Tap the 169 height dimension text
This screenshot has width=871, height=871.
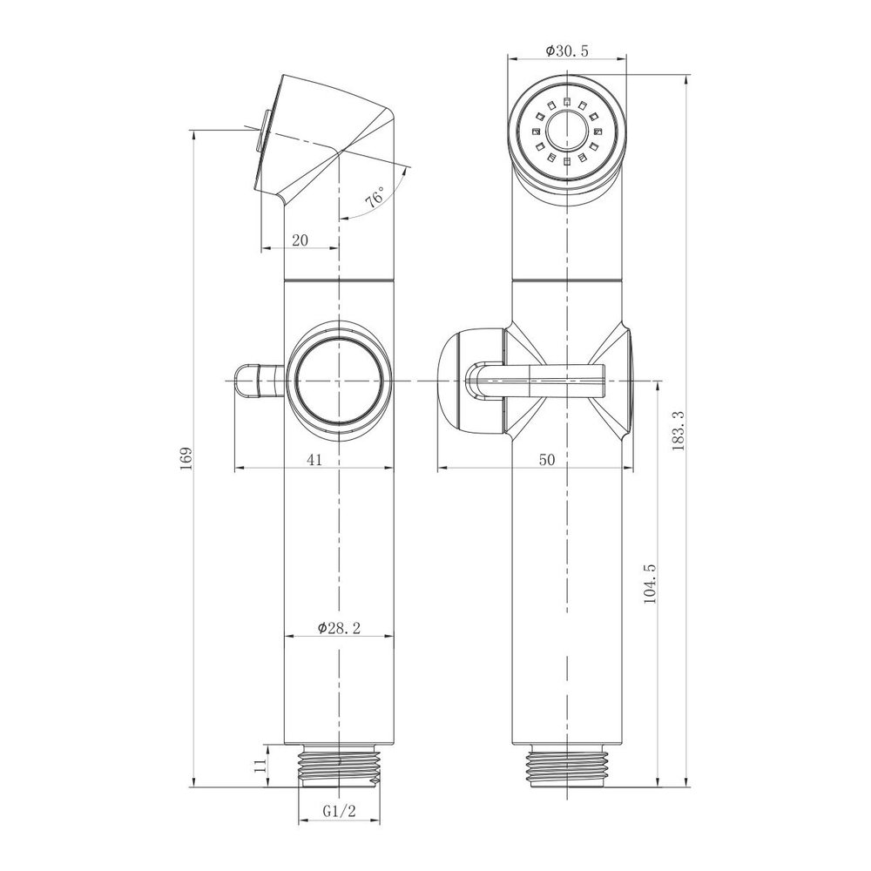coord(186,459)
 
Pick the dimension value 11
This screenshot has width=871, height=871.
coord(257,766)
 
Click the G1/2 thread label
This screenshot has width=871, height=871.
coord(339,811)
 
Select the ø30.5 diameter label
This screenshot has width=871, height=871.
coord(567,51)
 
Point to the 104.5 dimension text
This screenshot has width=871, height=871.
coord(649,584)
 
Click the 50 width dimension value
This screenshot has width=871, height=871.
coord(547,460)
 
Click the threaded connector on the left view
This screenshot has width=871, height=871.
coord(338,766)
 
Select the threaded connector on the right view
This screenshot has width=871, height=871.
coord(567,766)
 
